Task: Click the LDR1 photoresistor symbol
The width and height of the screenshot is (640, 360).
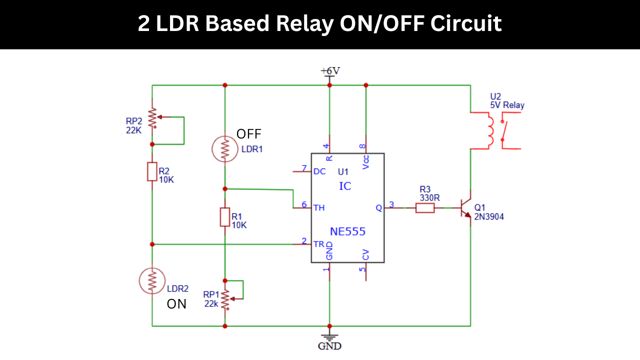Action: pos(225,148)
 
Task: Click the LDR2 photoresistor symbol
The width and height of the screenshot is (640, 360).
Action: pos(152,280)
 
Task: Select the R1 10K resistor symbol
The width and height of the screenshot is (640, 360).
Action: pos(225,217)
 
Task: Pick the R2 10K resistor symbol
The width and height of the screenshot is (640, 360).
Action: pos(152,171)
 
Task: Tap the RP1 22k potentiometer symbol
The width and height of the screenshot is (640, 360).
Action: pos(225,298)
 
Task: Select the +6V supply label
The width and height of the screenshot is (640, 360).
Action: pos(330,70)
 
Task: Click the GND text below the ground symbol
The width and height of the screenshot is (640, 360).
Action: pos(329,346)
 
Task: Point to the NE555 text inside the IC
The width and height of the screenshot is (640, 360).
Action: pos(347,232)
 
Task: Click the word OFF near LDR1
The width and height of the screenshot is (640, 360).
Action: pos(248,134)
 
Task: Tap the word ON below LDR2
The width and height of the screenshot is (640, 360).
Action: pos(176,304)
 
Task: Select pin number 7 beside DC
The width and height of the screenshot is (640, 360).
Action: pos(303,167)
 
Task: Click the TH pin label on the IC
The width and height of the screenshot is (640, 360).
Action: pos(318,207)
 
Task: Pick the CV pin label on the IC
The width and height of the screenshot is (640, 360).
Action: pos(366,255)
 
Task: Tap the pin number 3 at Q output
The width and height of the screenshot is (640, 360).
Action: pos(391,204)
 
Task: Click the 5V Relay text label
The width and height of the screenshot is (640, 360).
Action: pos(507,105)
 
